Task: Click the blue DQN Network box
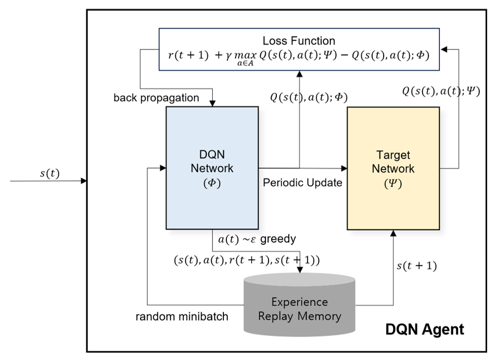click(212, 168)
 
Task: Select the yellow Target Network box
click(393, 168)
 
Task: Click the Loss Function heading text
click(299, 41)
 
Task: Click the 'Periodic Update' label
click(302, 183)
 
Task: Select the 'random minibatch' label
click(182, 316)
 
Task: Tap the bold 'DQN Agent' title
click(424, 329)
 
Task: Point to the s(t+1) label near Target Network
click(416, 266)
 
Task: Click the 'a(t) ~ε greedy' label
click(257, 239)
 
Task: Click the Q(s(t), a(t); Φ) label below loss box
click(309, 97)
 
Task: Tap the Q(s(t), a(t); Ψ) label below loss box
click(440, 92)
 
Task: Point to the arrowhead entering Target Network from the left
click(344, 168)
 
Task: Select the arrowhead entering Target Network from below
click(393, 233)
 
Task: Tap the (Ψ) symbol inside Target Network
click(393, 183)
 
